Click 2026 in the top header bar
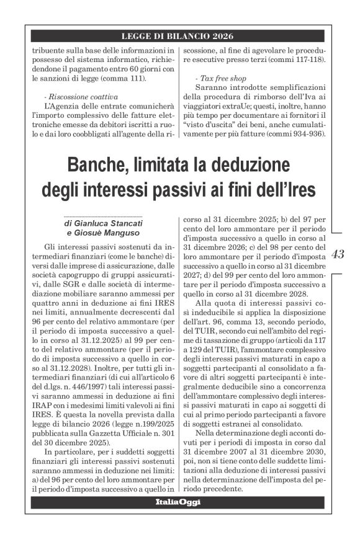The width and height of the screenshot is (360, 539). tap(220, 36)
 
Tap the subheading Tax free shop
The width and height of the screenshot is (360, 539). tap(221, 79)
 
